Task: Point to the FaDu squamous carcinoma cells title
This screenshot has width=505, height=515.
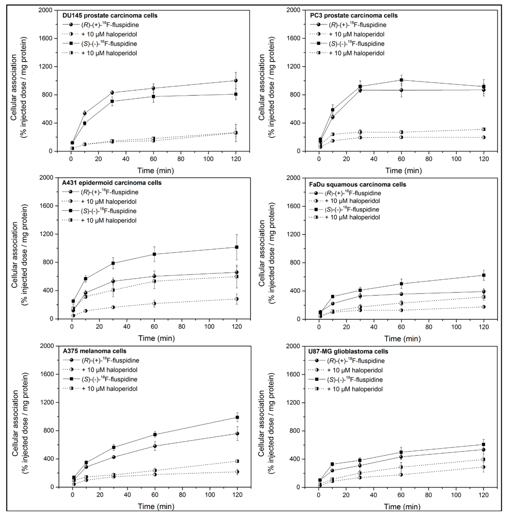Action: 357,184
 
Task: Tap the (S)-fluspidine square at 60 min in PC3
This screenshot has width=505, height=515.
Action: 401,80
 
